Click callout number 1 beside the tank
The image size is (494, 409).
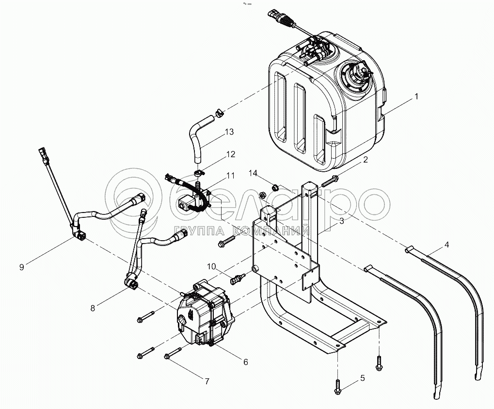pos(415,97)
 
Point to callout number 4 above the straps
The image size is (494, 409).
pos(446,245)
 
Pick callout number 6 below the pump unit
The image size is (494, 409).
pos(245,361)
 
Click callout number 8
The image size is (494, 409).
pos(93,307)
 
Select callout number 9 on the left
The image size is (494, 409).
pos(21,266)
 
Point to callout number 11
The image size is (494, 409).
pos(230,175)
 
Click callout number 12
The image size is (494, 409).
pos(231,154)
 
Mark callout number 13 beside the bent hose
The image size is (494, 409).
pos(229,132)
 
